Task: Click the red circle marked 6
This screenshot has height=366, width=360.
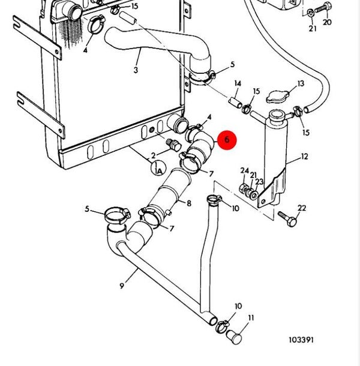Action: pyautogui.click(x=227, y=140)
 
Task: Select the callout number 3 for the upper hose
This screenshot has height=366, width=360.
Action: pyautogui.click(x=136, y=70)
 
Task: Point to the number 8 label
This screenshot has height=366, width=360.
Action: pyautogui.click(x=189, y=203)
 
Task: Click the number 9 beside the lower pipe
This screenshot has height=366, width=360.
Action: pyautogui.click(x=122, y=286)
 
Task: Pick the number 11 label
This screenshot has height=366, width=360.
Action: pyautogui.click(x=251, y=317)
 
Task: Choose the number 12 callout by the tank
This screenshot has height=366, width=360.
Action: pyautogui.click(x=304, y=157)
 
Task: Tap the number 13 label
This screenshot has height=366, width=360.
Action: pyautogui.click(x=301, y=83)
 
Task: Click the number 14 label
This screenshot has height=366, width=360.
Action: pyautogui.click(x=238, y=83)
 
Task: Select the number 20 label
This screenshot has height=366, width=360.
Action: pyautogui.click(x=327, y=22)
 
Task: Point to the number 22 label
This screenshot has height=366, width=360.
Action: pyautogui.click(x=302, y=208)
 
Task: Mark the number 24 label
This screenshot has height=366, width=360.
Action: pyautogui.click(x=244, y=171)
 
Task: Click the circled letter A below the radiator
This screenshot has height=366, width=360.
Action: pyautogui.click(x=158, y=170)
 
